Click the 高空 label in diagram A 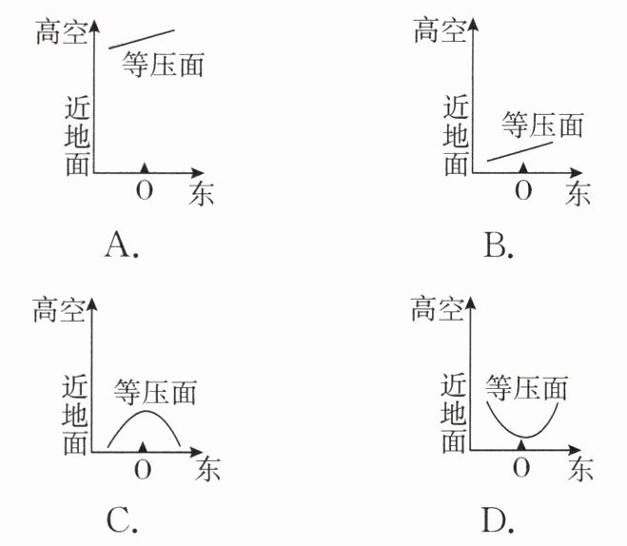click(59, 31)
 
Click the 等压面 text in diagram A click(164, 65)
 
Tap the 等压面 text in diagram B click(540, 124)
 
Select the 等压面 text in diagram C click(155, 390)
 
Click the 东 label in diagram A click(202, 193)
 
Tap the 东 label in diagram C click(202, 470)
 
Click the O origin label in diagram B click(522, 190)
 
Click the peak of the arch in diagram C click(144, 411)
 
